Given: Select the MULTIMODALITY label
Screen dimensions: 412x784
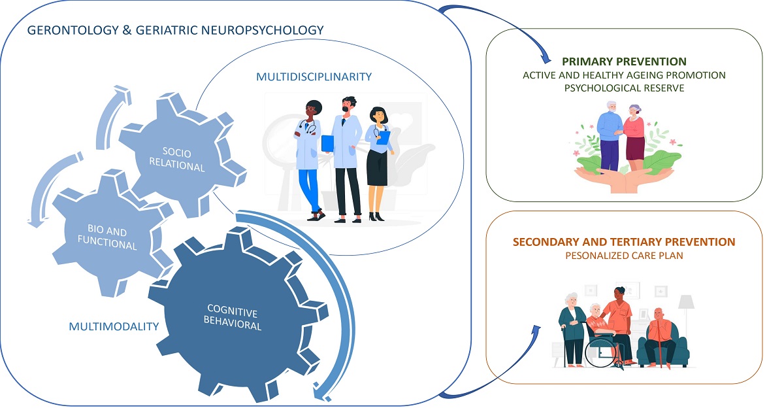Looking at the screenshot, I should click(114, 326).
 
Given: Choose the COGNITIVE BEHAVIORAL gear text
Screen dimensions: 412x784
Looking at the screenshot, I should click(234, 317).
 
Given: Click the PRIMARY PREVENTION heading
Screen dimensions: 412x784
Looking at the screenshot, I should click(624, 62).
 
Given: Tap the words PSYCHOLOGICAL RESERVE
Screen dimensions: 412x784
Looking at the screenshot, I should click(624, 88).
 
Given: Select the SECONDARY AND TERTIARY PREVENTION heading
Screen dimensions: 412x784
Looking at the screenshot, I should click(624, 242).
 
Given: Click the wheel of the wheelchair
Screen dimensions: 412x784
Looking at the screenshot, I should click(599, 354).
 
